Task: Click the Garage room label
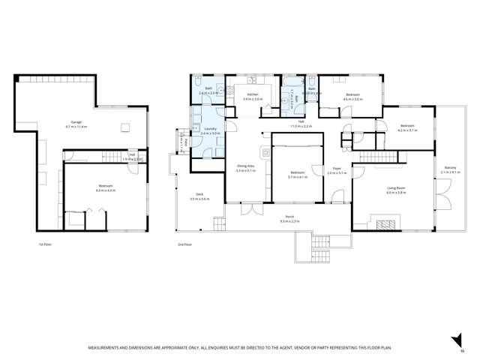tap(76, 122)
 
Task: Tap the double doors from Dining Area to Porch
tap(257, 204)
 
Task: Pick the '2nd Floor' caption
tap(184, 245)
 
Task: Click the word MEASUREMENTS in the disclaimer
tap(110, 347)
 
